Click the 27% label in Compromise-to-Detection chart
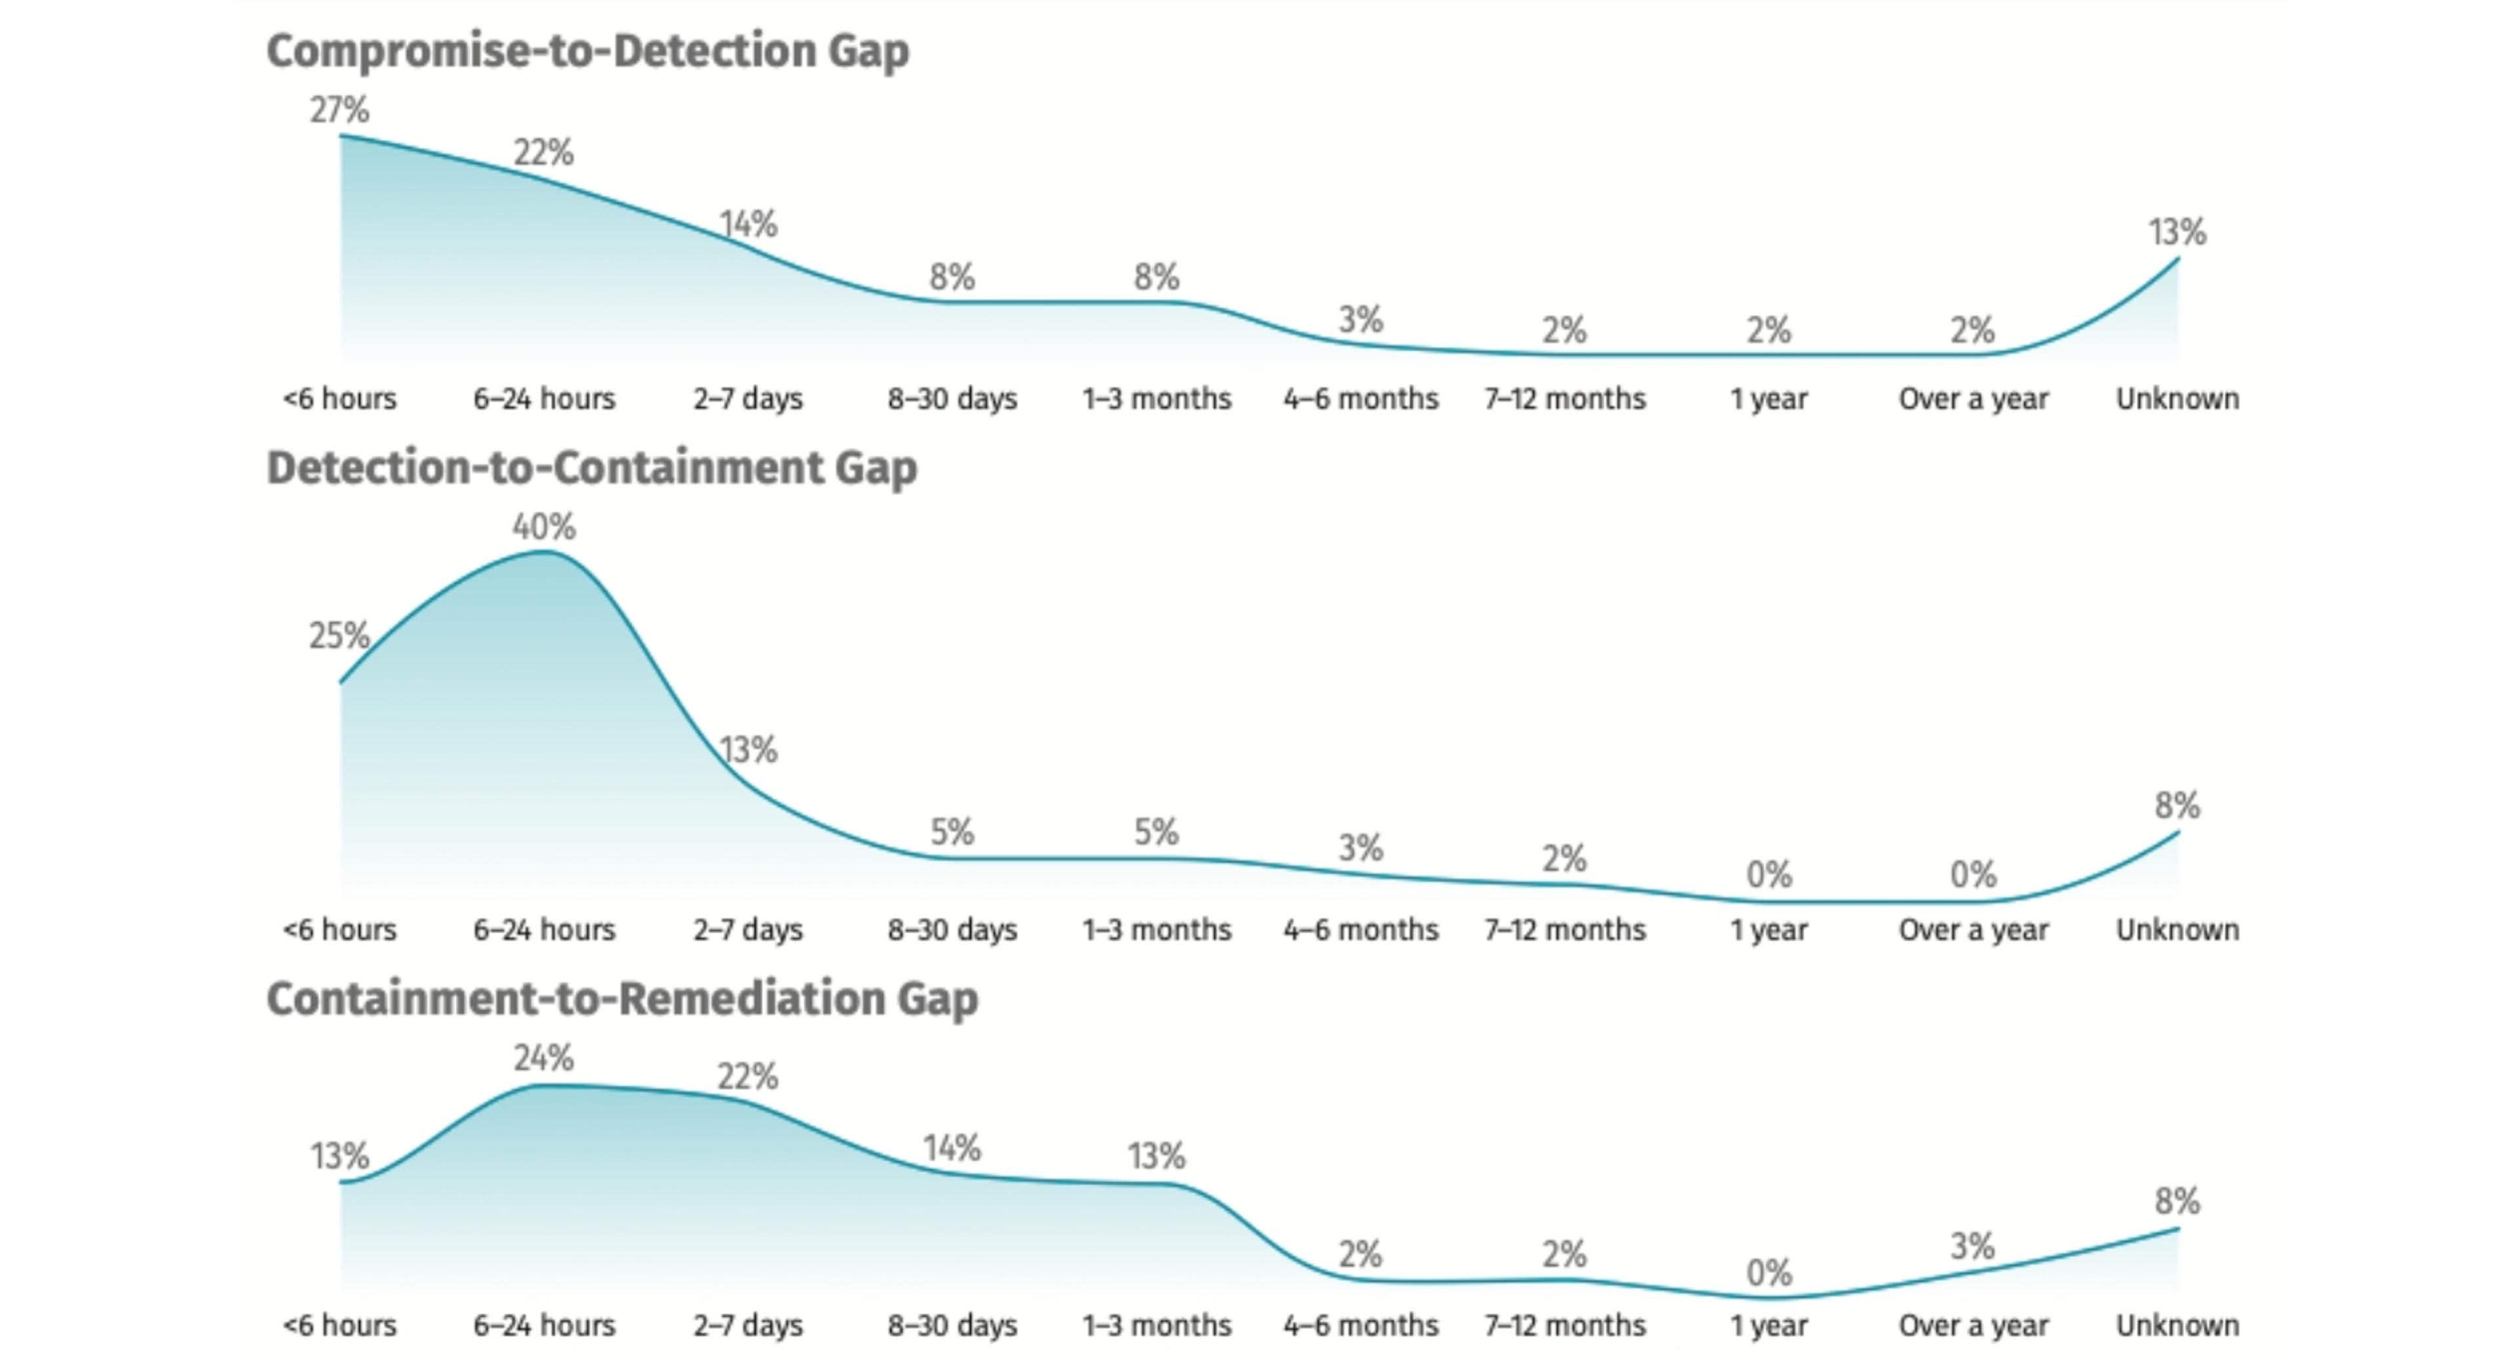[339, 110]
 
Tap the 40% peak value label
[544, 528]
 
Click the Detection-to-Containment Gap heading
[592, 468]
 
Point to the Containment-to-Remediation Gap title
[622, 999]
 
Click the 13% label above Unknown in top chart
[2177, 233]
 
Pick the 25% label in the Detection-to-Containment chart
[339, 636]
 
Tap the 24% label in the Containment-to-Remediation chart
[544, 1058]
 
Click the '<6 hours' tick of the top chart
[339, 399]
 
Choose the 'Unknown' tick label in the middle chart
[2177, 929]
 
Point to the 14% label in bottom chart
[952, 1148]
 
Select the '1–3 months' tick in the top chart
[1156, 399]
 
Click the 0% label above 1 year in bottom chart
[1769, 1273]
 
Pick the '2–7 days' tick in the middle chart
[747, 929]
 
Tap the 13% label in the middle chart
[748, 751]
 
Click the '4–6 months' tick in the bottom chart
[1361, 1326]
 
